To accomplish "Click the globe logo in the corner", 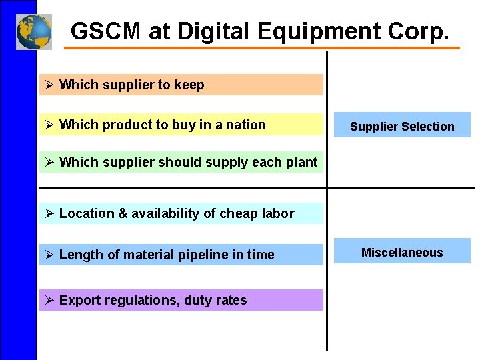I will tap(33, 31).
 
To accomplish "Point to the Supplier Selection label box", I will tap(402, 126).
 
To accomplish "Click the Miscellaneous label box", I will tap(402, 253).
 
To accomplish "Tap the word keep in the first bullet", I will tap(189, 85).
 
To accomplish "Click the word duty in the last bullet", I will tap(198, 301).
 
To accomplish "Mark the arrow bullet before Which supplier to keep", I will tap(49, 85).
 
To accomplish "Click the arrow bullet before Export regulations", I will tap(49, 301).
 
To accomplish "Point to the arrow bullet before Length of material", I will tap(49, 255).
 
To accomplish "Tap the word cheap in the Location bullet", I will tap(239, 214).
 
